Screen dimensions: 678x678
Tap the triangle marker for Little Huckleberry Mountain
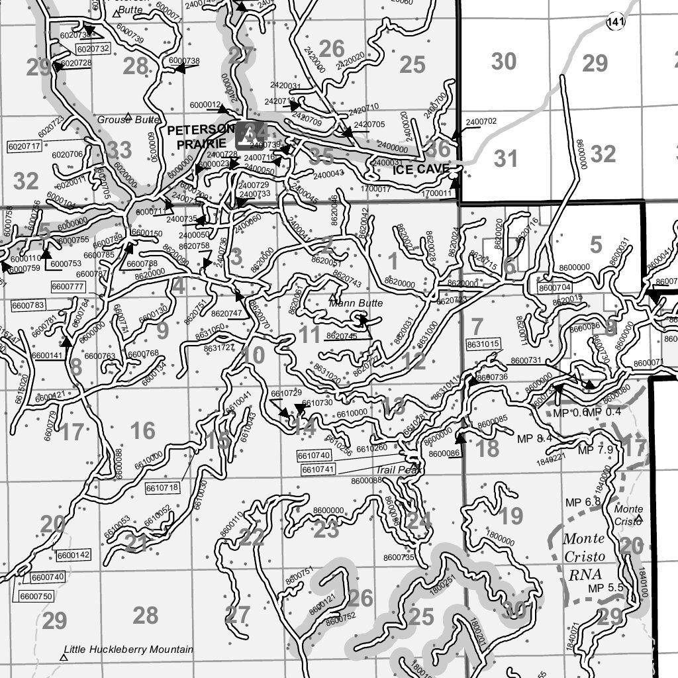[64, 657]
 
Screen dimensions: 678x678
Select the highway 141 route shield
[615, 23]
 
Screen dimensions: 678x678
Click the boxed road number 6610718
[162, 488]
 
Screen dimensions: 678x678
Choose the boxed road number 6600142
[73, 555]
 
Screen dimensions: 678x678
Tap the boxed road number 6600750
[36, 596]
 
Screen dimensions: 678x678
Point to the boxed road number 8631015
[483, 344]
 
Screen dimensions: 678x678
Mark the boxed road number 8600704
[554, 288]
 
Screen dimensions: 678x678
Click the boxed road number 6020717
[24, 146]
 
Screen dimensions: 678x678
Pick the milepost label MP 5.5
[606, 587]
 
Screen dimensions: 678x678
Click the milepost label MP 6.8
[583, 502]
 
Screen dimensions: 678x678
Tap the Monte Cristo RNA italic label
[583, 556]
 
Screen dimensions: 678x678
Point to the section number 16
[142, 431]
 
